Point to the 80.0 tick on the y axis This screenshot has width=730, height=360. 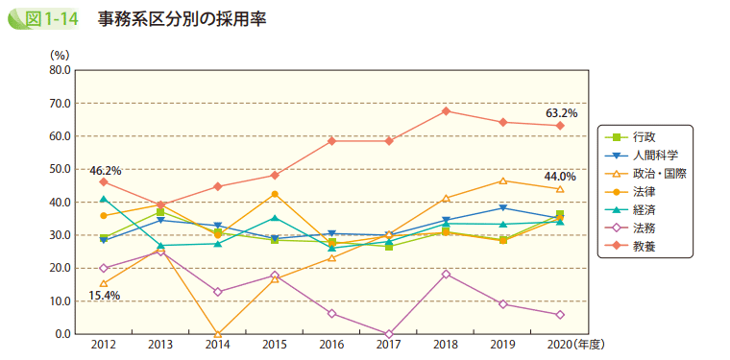click(58, 70)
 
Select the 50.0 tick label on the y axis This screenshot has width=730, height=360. click(58, 169)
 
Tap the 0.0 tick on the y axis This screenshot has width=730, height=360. click(61, 334)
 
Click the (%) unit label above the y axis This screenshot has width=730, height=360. click(60, 55)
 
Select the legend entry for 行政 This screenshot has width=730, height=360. click(645, 136)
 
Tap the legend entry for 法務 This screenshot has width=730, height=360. click(645, 228)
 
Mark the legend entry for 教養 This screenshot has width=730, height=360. click(645, 247)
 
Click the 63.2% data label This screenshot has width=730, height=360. click(561, 113)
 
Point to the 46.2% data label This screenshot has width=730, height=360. click(105, 170)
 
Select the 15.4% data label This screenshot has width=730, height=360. click(104, 296)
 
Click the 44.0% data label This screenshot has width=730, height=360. click(560, 177)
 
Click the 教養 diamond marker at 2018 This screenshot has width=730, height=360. click(446, 111)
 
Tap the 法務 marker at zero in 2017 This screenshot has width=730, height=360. click(389, 334)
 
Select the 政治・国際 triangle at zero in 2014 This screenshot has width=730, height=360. click(218, 333)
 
